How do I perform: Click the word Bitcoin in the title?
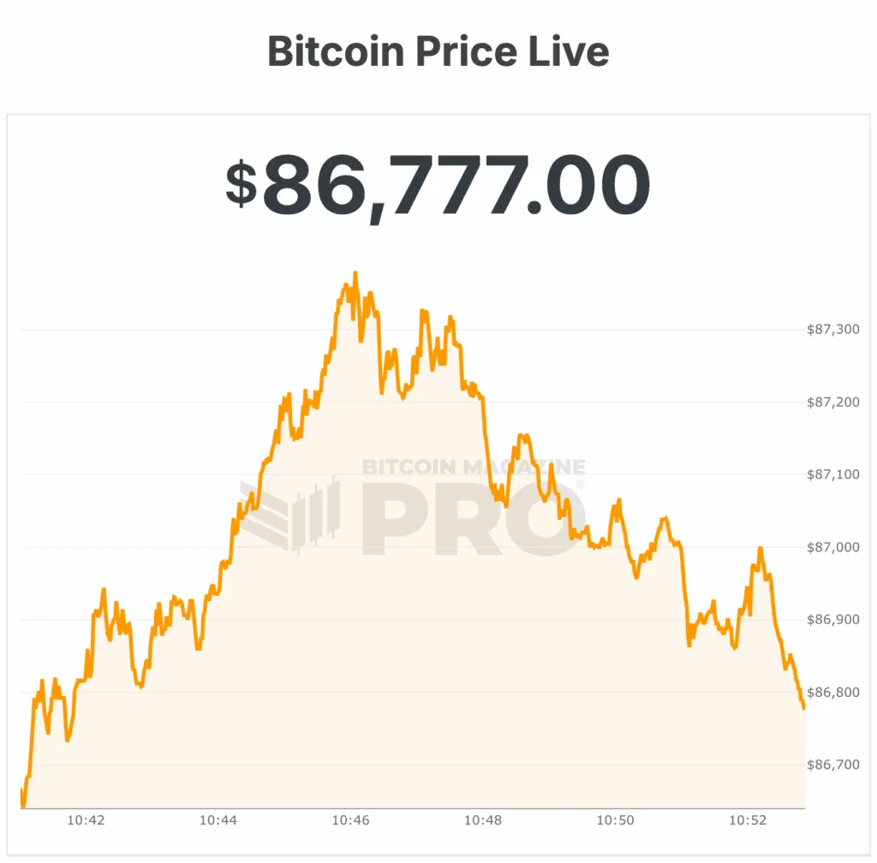(x=336, y=51)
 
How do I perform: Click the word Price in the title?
(x=465, y=51)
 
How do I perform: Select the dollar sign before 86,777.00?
(x=242, y=184)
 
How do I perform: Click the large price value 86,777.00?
(x=456, y=185)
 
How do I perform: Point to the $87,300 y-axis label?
(x=832, y=330)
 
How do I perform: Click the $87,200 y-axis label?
(x=832, y=402)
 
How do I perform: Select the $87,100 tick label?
(x=832, y=474)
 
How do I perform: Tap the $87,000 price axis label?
(x=832, y=547)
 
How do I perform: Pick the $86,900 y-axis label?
(x=832, y=619)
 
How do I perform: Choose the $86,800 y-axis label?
(x=832, y=692)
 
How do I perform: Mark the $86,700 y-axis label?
(x=832, y=765)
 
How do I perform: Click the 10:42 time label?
(x=86, y=820)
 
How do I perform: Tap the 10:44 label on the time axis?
(x=218, y=820)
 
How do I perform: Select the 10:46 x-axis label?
(x=351, y=820)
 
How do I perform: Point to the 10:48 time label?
(x=483, y=820)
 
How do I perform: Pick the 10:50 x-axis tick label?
(x=616, y=820)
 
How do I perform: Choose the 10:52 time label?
(x=748, y=820)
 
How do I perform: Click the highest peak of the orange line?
(x=355, y=273)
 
